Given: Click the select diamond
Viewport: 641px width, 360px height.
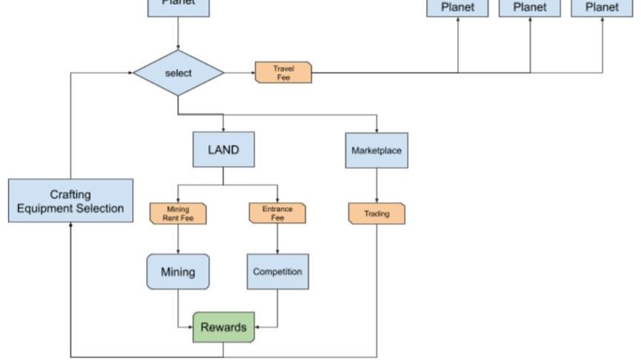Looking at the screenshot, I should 179,73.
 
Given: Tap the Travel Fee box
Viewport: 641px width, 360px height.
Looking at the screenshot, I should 283,73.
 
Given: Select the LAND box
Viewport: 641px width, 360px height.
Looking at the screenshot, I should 223,150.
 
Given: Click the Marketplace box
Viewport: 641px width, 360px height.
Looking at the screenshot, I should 376,150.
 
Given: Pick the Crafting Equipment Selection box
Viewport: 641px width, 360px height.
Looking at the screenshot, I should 71,201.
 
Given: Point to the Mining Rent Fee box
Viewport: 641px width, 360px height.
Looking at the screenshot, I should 178,214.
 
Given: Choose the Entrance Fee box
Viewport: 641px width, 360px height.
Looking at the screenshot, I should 277,213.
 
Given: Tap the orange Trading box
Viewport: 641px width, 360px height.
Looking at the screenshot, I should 376,214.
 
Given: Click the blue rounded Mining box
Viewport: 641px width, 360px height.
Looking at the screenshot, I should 178,272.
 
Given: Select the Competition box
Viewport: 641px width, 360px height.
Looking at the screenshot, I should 278,272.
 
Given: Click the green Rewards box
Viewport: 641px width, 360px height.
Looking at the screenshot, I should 224,327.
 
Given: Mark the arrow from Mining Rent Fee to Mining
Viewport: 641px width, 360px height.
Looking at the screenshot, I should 178,239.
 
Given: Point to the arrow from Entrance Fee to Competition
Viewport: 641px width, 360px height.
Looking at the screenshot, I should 278,239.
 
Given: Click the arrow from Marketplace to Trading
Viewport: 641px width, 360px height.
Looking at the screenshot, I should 376,185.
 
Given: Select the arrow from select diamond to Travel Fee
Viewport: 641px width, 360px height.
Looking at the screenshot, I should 239,73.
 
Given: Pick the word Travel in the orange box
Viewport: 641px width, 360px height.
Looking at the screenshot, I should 283,68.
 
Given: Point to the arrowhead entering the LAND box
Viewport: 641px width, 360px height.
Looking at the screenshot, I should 223,130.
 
